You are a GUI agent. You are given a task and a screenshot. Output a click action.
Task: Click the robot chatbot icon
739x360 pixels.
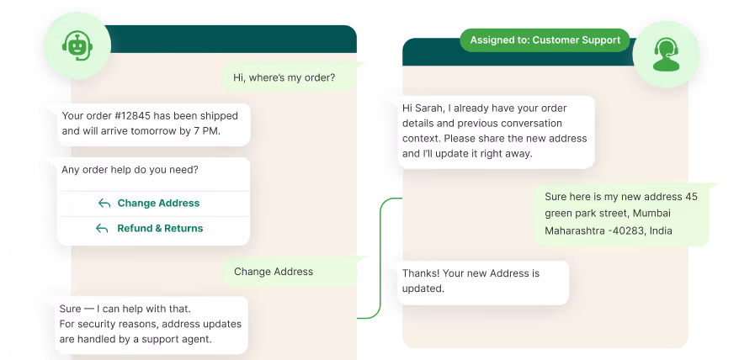pos(77,45)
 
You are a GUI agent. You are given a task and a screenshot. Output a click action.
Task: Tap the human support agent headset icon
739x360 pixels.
pos(666,54)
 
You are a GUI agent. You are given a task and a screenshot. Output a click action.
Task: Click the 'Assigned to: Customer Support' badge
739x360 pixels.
pos(545,40)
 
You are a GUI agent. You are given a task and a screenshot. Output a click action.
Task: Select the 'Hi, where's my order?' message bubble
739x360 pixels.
pos(289,77)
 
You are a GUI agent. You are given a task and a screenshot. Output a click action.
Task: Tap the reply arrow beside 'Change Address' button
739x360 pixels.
pos(104,203)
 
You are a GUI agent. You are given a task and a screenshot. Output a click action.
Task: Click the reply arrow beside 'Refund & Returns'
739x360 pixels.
pos(102,229)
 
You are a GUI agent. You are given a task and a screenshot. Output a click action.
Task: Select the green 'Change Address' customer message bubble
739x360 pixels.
pos(289,272)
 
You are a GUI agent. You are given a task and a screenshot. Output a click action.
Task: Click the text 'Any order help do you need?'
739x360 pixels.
pos(130,170)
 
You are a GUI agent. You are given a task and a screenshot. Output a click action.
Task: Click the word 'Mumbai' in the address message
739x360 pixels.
pos(651,213)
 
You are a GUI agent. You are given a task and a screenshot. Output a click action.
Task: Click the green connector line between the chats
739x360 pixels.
pos(380,258)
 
